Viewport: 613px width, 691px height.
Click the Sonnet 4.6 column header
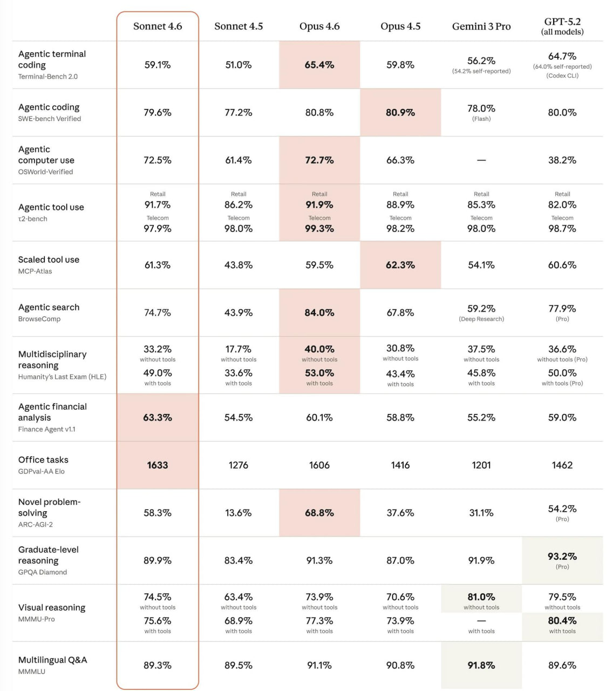(158, 26)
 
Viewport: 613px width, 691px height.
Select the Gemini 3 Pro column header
(481, 26)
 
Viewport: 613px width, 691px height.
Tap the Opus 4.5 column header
(400, 26)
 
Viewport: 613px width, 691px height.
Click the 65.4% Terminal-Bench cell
(319, 65)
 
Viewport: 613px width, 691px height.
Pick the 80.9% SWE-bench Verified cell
(400, 112)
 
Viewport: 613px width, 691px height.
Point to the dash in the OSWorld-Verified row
(481, 160)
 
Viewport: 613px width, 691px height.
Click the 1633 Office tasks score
(158, 465)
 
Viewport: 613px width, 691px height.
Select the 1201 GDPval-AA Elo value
(481, 465)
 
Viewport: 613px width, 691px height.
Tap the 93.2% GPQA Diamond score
(562, 556)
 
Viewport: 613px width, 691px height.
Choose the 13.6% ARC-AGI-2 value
(239, 513)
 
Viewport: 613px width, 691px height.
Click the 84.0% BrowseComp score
(319, 313)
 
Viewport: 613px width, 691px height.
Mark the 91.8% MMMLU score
(481, 665)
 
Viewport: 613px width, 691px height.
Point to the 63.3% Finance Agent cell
(158, 417)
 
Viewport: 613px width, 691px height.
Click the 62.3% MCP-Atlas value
(400, 265)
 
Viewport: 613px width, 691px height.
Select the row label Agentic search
(49, 307)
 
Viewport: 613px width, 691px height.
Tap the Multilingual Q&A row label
(52, 660)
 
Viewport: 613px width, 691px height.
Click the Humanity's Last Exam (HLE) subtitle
(62, 377)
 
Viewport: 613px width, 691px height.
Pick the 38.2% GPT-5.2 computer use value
(562, 160)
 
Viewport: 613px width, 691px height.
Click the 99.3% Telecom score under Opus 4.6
(319, 228)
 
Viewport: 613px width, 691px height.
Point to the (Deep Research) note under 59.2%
(481, 319)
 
